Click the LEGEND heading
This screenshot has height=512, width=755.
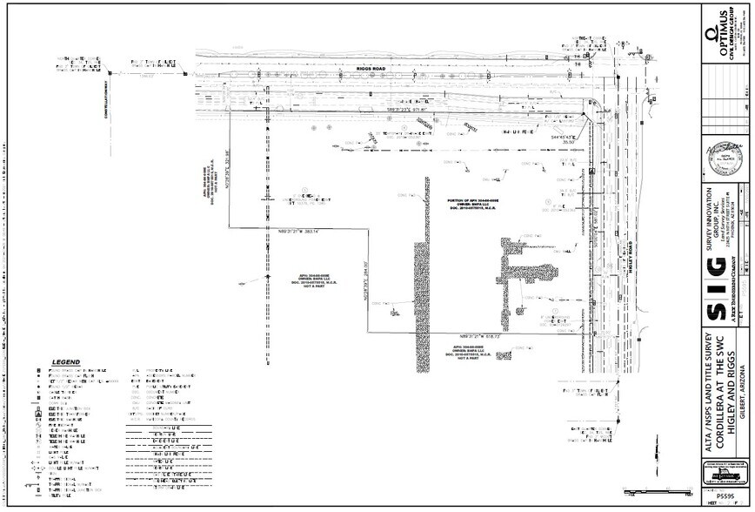[x=66, y=362]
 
